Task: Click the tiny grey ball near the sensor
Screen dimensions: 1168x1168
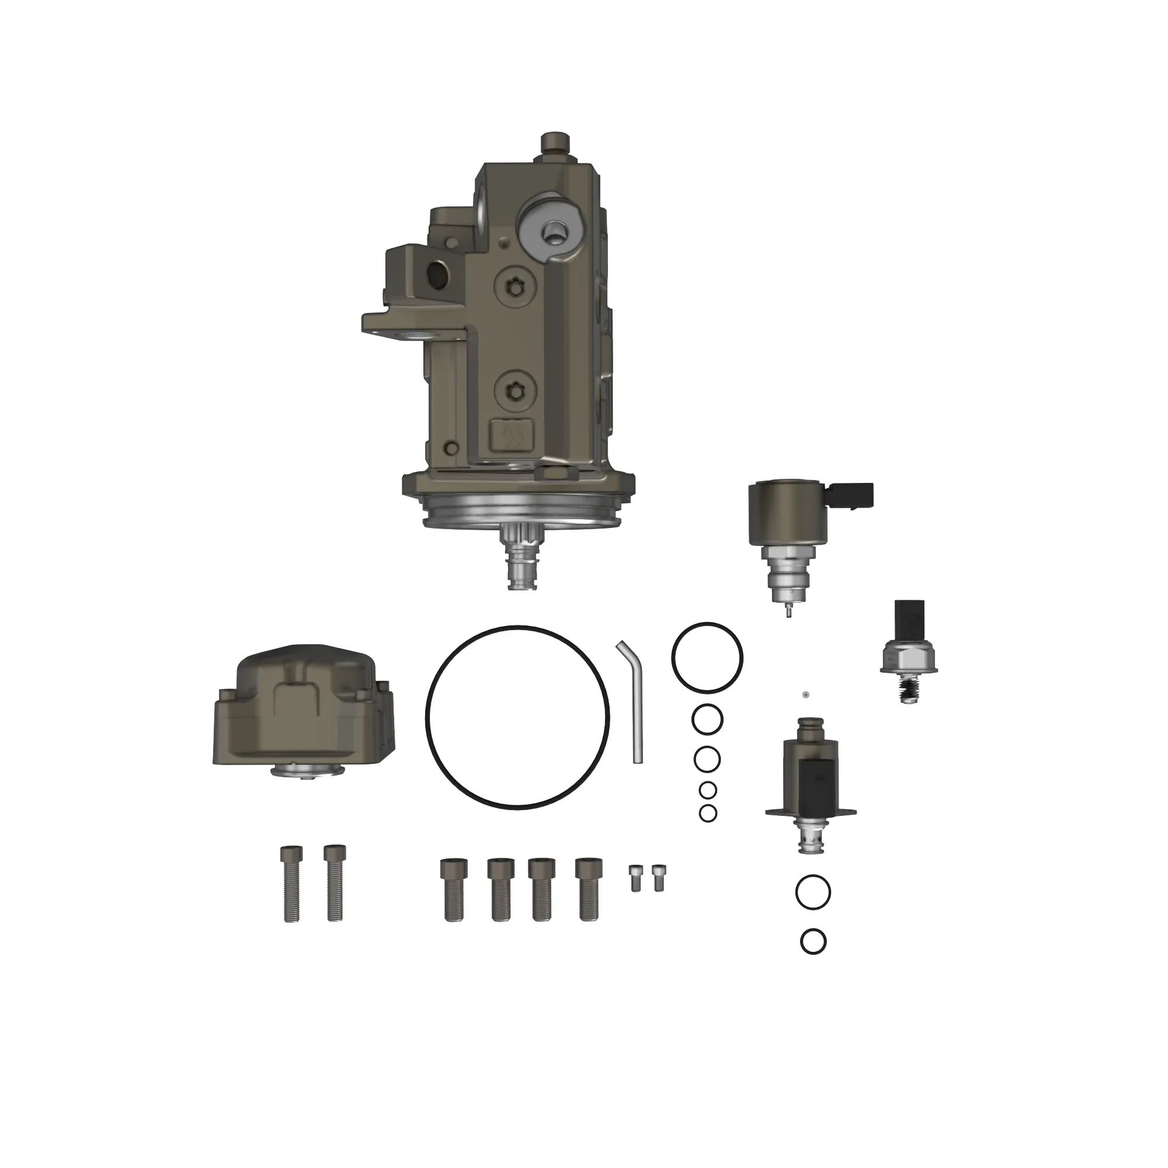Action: pos(805,694)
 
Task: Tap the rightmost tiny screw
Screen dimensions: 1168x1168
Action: pos(658,877)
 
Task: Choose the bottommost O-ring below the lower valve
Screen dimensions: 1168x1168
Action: pos(813,941)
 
